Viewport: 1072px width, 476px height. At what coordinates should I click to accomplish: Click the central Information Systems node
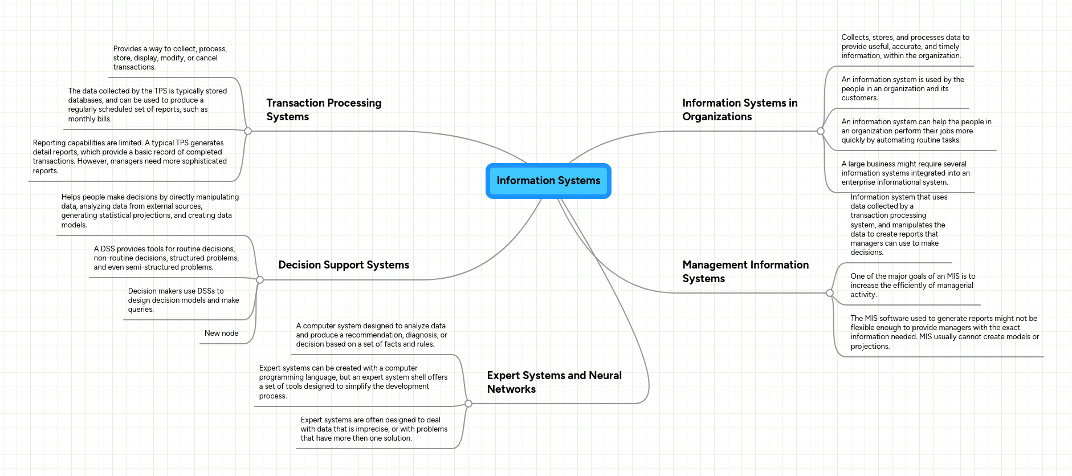(x=548, y=181)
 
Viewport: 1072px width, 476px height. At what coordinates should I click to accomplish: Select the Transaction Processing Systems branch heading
(x=324, y=109)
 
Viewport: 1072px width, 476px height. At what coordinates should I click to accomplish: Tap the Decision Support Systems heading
(x=344, y=265)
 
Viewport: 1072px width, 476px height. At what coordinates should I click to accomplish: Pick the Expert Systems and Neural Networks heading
(x=554, y=382)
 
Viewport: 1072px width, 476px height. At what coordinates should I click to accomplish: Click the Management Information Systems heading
(x=745, y=271)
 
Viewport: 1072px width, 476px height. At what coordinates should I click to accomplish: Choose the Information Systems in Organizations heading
(x=739, y=109)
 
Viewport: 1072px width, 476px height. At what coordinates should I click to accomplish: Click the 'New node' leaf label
(x=221, y=333)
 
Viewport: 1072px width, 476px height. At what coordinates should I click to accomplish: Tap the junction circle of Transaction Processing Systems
(x=248, y=131)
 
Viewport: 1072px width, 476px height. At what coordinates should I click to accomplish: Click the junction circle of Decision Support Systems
(x=260, y=280)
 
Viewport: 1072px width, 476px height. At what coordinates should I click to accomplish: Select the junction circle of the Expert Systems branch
(x=468, y=404)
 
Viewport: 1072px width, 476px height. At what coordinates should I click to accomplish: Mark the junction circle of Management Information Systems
(x=830, y=293)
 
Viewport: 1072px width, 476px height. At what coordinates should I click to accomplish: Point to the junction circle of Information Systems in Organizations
(x=821, y=131)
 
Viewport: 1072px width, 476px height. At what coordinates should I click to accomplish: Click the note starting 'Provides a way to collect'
(x=170, y=58)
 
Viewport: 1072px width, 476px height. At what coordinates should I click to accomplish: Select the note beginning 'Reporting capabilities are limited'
(x=130, y=157)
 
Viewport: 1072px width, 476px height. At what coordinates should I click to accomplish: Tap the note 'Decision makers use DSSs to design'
(x=183, y=300)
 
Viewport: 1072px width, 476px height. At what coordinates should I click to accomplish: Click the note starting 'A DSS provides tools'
(x=166, y=258)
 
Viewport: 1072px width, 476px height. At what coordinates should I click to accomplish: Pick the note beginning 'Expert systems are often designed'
(x=374, y=429)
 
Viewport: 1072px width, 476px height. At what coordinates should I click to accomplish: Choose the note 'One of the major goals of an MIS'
(x=912, y=286)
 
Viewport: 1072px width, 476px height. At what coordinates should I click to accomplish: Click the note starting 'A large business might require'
(x=905, y=173)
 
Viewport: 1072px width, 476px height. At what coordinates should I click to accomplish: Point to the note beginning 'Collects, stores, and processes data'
(x=905, y=47)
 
